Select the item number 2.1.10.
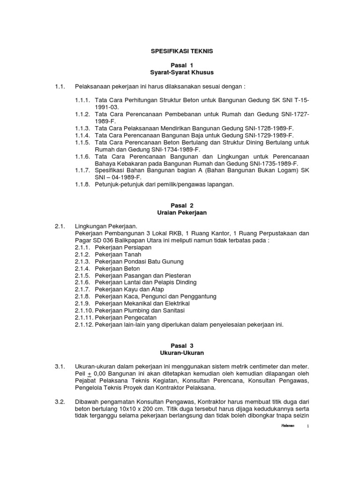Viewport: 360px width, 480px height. tap(84, 310)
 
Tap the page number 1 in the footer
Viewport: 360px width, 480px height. tap(308, 426)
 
